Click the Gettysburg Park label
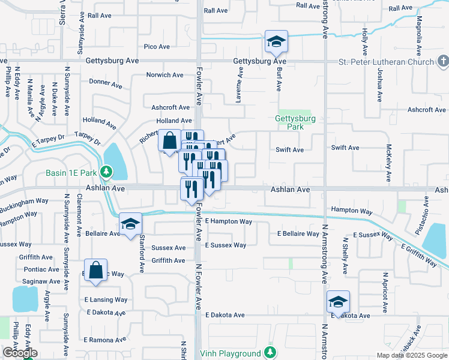pyautogui.click(x=295, y=123)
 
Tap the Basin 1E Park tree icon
pyautogui.click(x=106, y=173)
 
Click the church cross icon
pyautogui.click(x=442, y=61)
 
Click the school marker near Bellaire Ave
pyautogui.click(x=130, y=224)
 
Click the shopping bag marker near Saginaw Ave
pyautogui.click(x=95, y=271)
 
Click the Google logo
pyautogui.click(x=20, y=353)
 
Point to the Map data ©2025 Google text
pyautogui.click(x=412, y=355)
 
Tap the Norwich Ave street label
pyautogui.click(x=165, y=75)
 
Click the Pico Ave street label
pyautogui.click(x=157, y=46)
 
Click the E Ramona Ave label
pyautogui.click(x=105, y=340)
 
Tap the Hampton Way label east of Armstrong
pyautogui.click(x=352, y=211)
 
